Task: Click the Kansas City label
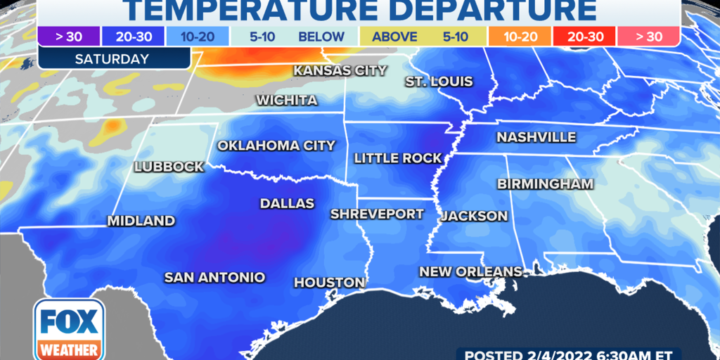coord(340,70)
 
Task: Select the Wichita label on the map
coord(286,100)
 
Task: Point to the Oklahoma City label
coord(276,146)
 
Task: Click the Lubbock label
coord(169,167)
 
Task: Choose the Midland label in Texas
coord(141,221)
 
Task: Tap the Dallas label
coord(287,203)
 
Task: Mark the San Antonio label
coord(214,277)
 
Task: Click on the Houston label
coord(329,283)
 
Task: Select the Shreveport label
coord(378,214)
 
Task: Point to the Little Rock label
coord(397,158)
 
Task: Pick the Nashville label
coord(536,137)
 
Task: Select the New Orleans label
coord(470,271)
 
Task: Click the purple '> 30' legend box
coord(62,37)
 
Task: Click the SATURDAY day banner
coord(113,59)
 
